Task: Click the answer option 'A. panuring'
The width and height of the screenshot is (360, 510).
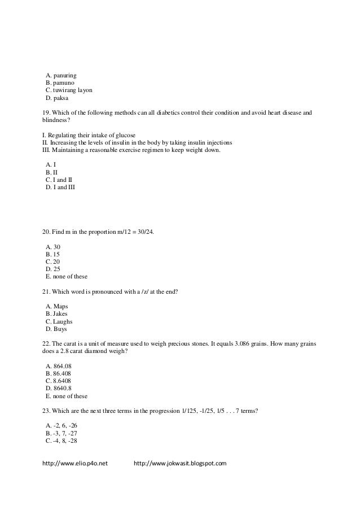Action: [61, 75]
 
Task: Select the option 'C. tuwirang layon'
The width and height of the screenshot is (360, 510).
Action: [68, 90]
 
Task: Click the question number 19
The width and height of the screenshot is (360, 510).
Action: [46, 113]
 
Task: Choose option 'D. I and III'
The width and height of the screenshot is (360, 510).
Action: [59, 187]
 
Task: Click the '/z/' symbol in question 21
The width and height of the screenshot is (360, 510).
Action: [147, 291]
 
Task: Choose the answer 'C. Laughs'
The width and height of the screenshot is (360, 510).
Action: [59, 321]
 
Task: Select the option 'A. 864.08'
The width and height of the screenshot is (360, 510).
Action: [58, 365]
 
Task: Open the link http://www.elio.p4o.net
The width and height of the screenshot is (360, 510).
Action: [76, 464]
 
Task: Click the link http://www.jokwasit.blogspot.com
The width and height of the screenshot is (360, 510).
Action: [180, 464]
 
